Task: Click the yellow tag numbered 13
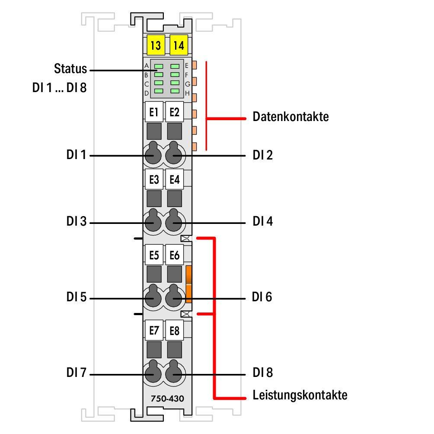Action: pyautogui.click(x=155, y=45)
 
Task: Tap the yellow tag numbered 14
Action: pyautogui.click(x=178, y=45)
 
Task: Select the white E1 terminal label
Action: pyautogui.click(x=153, y=112)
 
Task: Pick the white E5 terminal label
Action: pyautogui.click(x=153, y=255)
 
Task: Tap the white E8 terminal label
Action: pyautogui.click(x=175, y=331)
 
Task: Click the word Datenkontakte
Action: pyautogui.click(x=290, y=117)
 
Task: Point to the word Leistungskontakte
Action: pyautogui.click(x=300, y=395)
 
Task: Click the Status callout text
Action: pyautogui.click(x=70, y=69)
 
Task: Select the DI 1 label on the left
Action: pyautogui.click(x=77, y=155)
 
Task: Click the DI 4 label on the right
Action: pyautogui.click(x=263, y=222)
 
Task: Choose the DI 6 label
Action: pyautogui.click(x=262, y=297)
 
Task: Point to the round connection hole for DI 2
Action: pyautogui.click(x=174, y=154)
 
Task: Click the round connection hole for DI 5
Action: pyautogui.click(x=152, y=297)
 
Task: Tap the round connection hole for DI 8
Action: pyautogui.click(x=174, y=373)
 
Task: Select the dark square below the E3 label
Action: pyautogui.click(x=153, y=198)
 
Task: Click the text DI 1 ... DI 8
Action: pyautogui.click(x=60, y=88)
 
